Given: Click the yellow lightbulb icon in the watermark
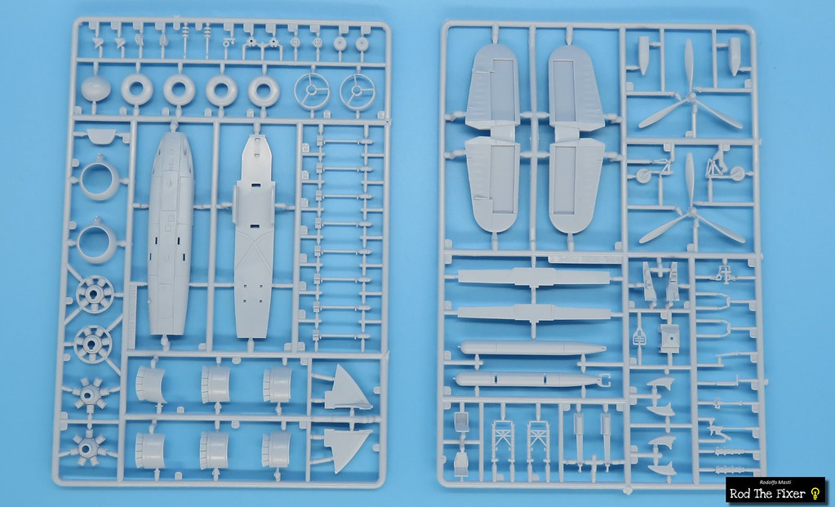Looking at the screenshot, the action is click(815, 493).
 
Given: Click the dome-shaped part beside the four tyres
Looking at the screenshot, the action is click(95, 88).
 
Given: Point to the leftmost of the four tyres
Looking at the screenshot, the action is click(137, 89).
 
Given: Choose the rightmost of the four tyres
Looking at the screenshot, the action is click(264, 91).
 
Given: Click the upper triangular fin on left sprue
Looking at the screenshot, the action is click(347, 389).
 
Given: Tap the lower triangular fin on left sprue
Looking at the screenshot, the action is click(346, 447).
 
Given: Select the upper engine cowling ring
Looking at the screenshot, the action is click(100, 180).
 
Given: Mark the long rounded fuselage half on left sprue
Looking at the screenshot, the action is click(171, 233).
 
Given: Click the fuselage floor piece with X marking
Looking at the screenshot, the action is click(255, 237).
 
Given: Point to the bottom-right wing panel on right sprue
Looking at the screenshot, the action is click(577, 185).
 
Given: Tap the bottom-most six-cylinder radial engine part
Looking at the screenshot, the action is click(88, 447).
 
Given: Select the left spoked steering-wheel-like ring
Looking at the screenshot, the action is click(312, 91).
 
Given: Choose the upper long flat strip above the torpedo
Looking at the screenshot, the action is click(534, 277).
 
